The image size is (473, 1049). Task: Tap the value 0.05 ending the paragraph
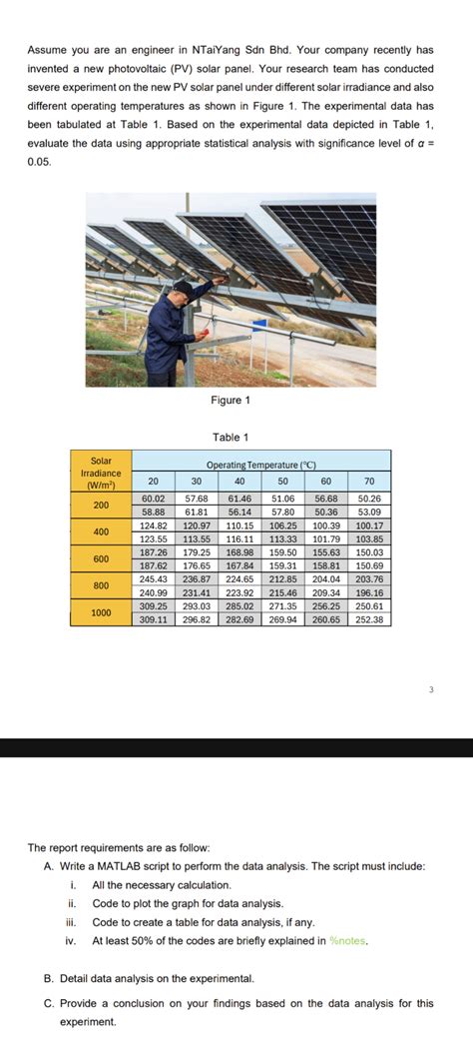[40, 162]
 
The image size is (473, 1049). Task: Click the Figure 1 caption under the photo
[231, 401]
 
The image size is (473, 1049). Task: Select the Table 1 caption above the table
[231, 437]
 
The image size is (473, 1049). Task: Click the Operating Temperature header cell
[260, 466]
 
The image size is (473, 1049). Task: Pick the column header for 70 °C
[369, 481]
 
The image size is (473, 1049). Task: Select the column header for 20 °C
[154, 481]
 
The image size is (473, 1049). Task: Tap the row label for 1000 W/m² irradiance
[101, 612]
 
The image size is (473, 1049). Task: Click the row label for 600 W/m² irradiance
[101, 558]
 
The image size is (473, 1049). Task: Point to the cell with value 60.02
[154, 498]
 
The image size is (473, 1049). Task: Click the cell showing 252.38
[369, 619]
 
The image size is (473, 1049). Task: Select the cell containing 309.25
[154, 606]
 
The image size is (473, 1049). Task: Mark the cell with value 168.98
[239, 551]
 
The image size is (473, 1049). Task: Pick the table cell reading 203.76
[369, 578]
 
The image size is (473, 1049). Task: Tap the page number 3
[432, 688]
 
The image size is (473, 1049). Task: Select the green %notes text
[349, 940]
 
